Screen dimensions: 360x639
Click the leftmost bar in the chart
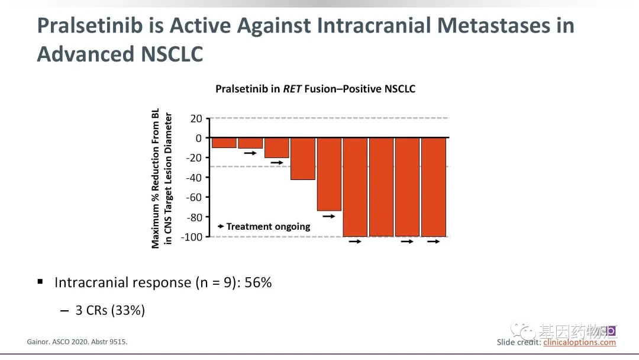[224, 143]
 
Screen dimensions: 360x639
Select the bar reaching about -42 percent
[303, 158]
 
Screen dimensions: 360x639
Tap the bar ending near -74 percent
[329, 174]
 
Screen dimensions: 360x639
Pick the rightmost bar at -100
[434, 187]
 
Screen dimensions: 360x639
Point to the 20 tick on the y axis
[196, 118]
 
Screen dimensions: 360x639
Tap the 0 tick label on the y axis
[198, 138]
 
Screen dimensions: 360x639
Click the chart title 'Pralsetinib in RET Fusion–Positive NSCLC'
[315, 89]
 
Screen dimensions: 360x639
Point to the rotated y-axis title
[162, 178]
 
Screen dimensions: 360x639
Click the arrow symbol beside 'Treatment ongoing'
[220, 226]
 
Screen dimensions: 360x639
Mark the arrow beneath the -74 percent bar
[329, 216]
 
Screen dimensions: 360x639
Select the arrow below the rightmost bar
[434, 242]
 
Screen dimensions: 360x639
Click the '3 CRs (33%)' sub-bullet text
[110, 310]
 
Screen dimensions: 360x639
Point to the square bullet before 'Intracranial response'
[40, 282]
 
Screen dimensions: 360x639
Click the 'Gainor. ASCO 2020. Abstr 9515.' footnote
[78, 342]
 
